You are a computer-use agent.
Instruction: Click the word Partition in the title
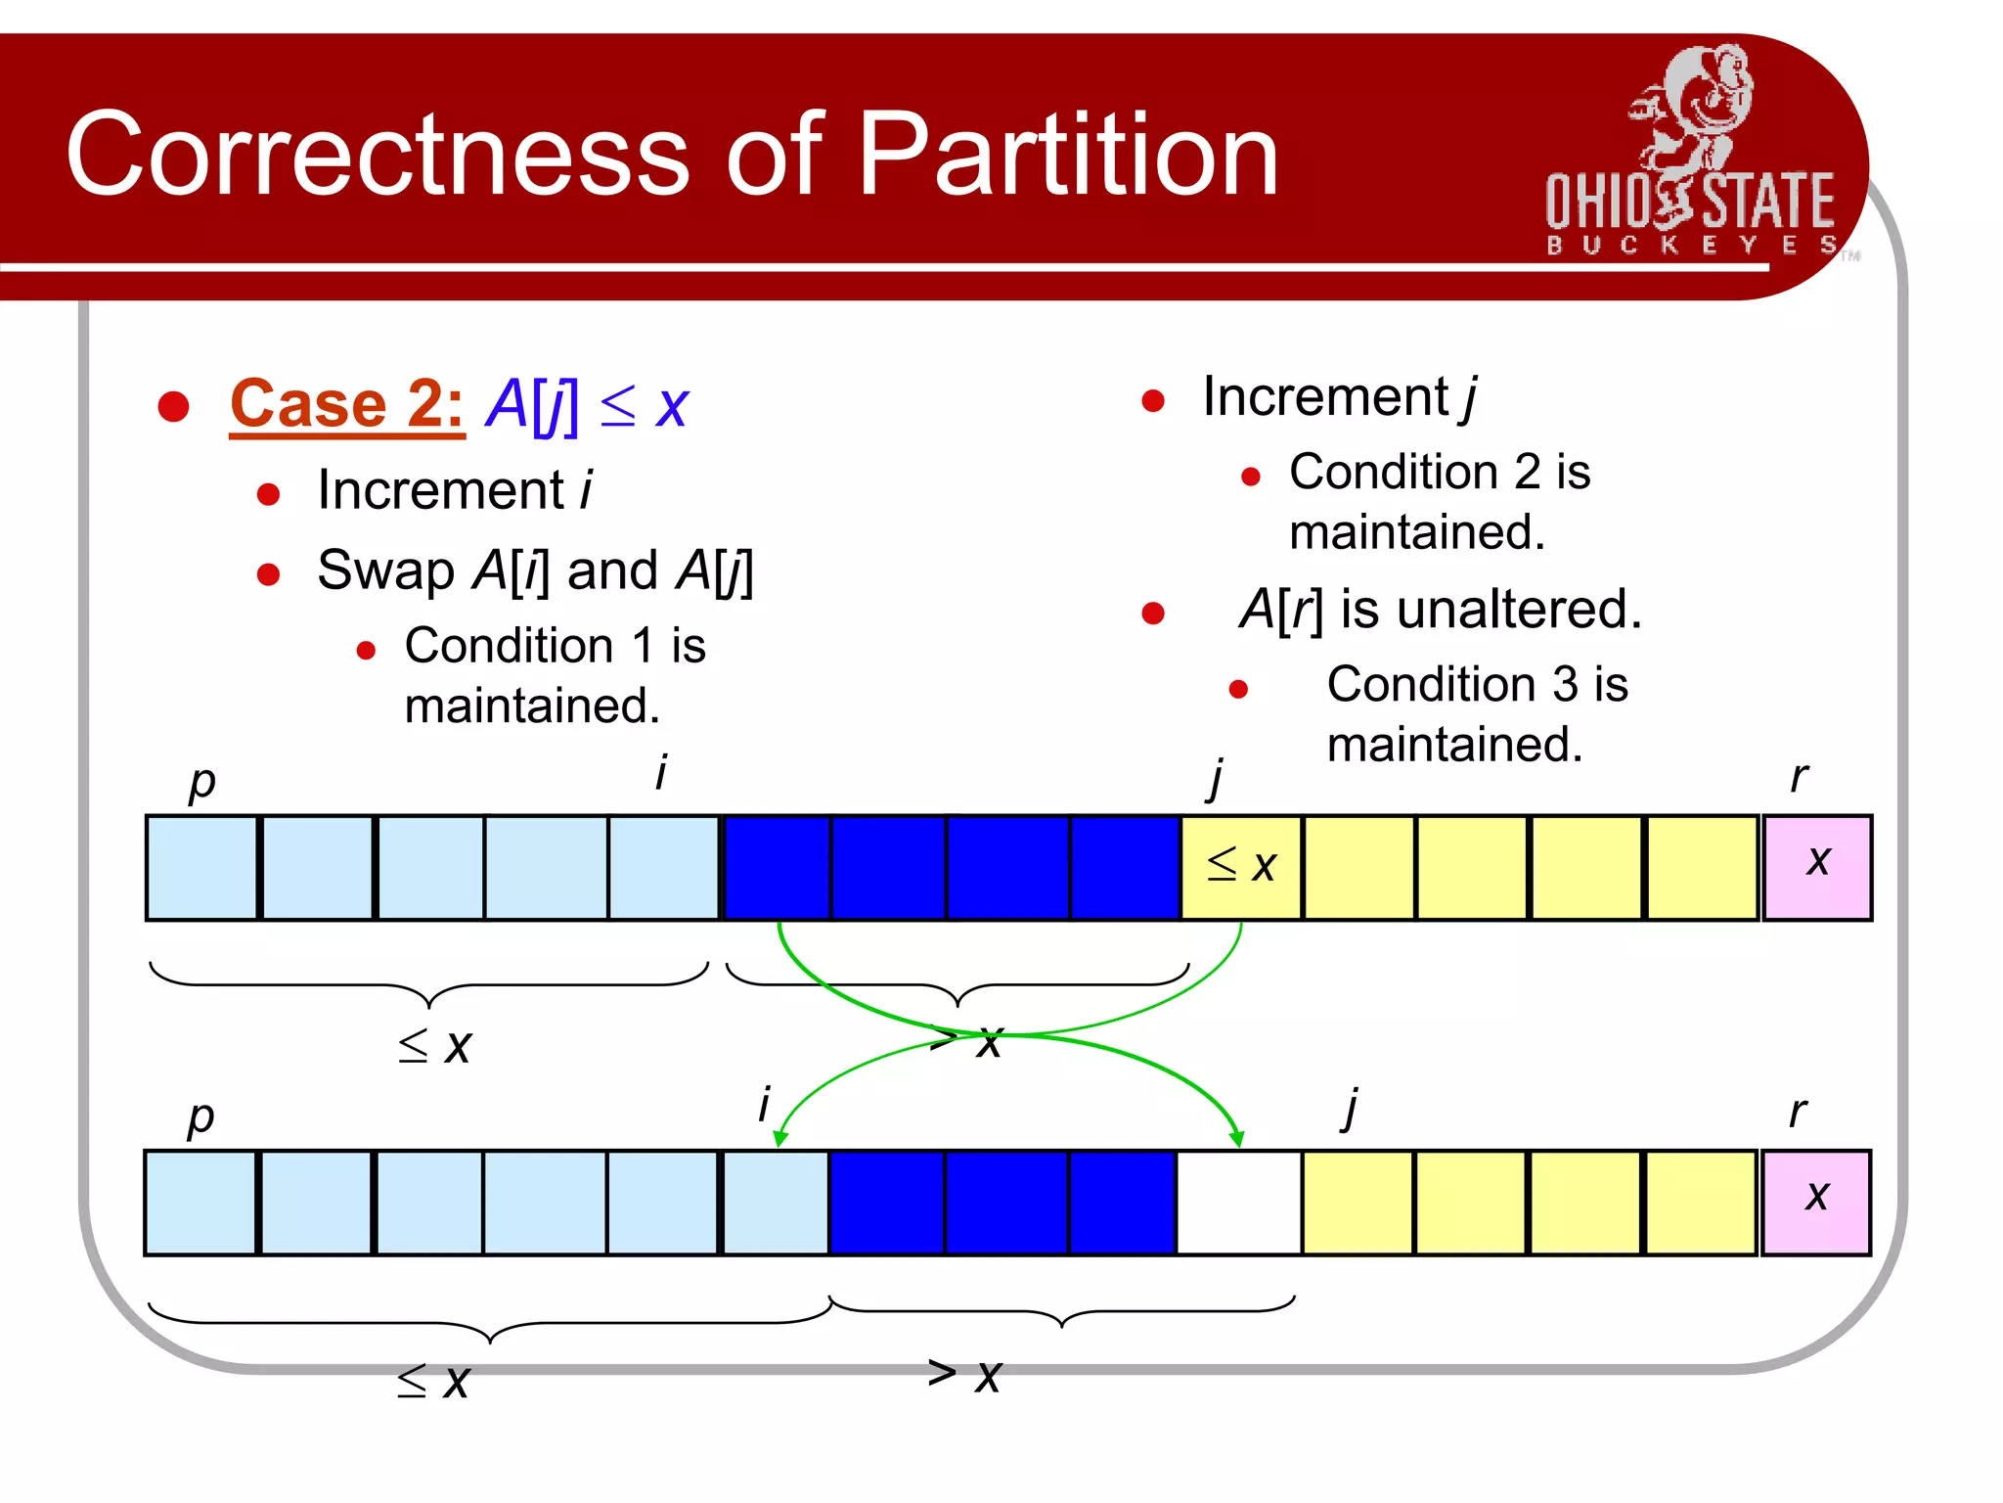1068,155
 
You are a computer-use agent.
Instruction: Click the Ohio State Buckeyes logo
1690,157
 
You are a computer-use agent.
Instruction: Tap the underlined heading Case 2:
346,403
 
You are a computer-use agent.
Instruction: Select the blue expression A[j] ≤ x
587,405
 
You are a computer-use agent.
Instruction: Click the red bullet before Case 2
173,406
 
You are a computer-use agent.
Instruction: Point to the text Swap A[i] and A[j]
535,570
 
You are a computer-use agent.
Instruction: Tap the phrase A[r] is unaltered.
1440,610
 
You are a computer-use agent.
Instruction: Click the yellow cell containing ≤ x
1241,867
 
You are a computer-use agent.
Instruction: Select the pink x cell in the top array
1817,867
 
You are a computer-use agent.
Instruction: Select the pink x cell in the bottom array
1816,1202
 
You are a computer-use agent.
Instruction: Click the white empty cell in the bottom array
1238,1203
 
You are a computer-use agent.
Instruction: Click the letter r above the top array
1798,777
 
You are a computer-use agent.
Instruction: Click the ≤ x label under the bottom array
434,1381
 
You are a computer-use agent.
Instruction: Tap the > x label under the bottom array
964,1374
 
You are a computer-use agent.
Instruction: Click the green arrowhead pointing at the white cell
1236,1139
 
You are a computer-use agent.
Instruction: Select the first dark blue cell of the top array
777,867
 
